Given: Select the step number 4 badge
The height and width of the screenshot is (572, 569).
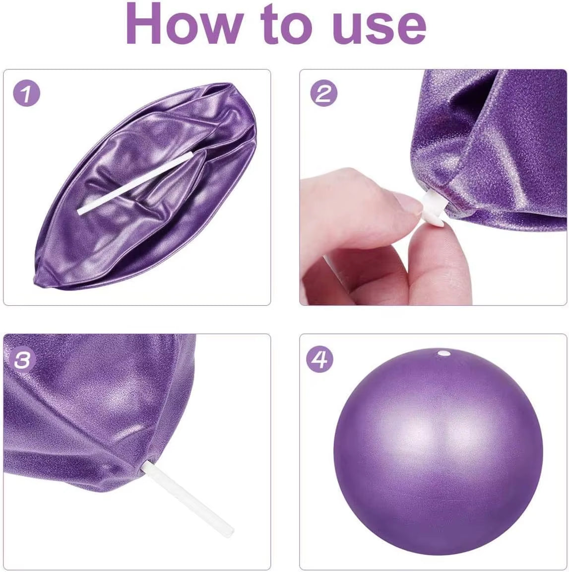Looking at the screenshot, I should coord(320,358).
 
